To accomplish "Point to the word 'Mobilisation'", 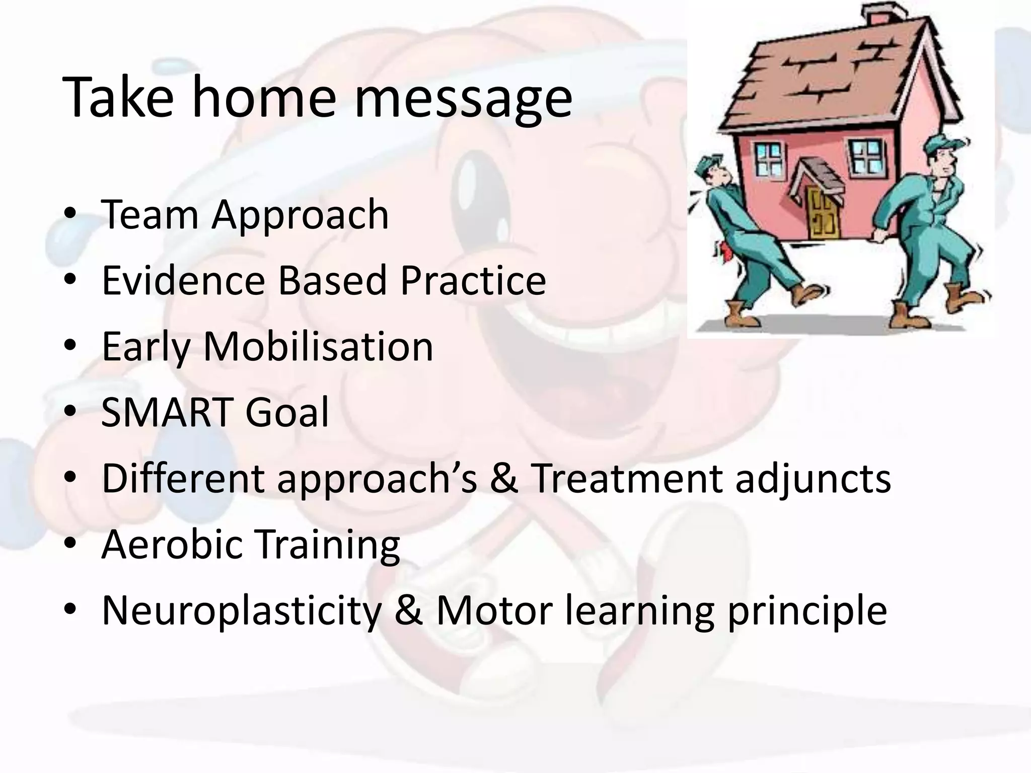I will tap(318, 347).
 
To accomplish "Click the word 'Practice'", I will tap(473, 280).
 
